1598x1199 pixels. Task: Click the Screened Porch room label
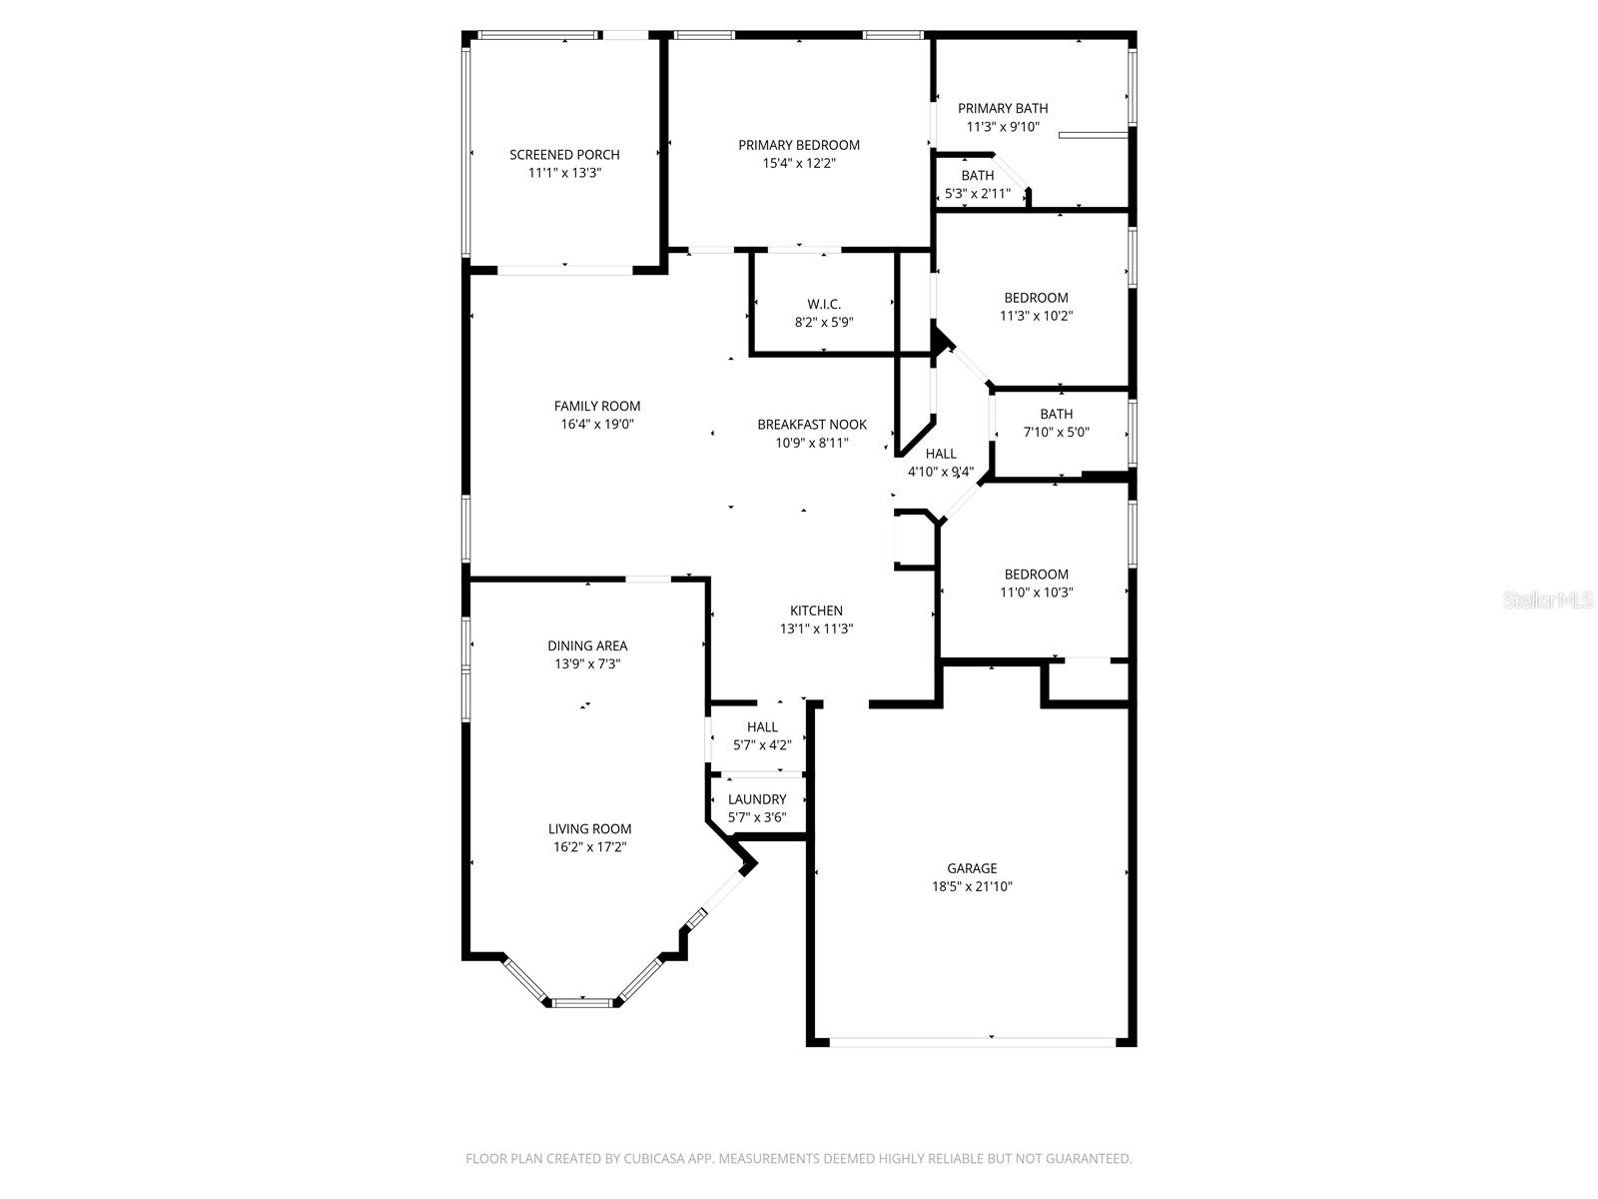tap(564, 155)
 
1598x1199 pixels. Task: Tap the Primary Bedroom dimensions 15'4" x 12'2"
tap(799, 163)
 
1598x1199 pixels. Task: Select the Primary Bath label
tap(1003, 108)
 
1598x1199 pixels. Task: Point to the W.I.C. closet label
tap(824, 304)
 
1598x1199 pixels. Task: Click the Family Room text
tap(597, 406)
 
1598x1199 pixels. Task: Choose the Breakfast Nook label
tap(812, 425)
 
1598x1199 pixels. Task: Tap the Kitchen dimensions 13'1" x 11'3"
tap(816, 628)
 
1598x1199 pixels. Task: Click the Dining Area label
tap(587, 645)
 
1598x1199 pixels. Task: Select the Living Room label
tap(589, 828)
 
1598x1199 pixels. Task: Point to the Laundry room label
tap(757, 799)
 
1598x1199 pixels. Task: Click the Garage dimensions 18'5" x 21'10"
tap(972, 886)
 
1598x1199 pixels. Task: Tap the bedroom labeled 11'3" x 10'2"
tap(1036, 298)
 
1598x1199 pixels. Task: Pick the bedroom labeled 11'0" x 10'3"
tap(1036, 575)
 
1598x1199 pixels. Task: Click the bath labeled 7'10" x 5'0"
tap(1056, 414)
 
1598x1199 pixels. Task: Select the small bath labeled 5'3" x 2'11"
tap(977, 176)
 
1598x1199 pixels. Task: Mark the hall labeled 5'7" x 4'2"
tap(762, 727)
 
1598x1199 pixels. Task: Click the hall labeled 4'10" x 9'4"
tap(941, 454)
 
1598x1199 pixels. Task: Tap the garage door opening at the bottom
tap(972, 1042)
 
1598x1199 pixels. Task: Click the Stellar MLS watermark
tap(1548, 599)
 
